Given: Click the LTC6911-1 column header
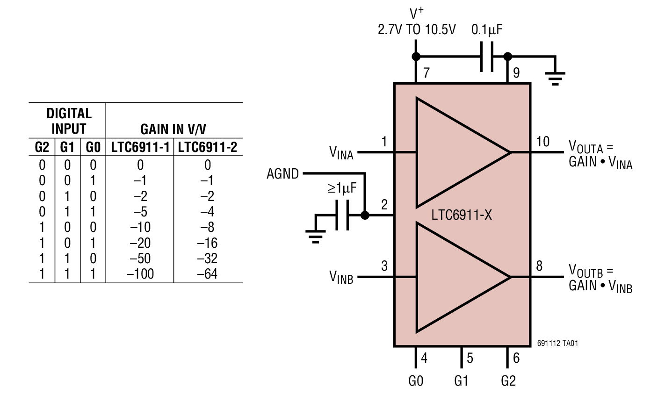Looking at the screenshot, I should [140, 148].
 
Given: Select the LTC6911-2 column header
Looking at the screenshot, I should [208, 148].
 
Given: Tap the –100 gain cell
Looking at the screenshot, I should [140, 274].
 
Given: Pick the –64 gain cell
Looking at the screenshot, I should [207, 274].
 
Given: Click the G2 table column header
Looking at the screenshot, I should [42, 148].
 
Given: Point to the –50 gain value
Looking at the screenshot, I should [140, 258].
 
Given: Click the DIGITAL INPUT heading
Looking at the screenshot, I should [69, 121].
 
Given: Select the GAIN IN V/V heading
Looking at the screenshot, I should [173, 129].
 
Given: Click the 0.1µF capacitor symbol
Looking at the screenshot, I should [487, 57].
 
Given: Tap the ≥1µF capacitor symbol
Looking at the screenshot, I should [342, 215].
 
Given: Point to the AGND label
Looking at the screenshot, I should [282, 174].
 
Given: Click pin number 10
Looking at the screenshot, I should [542, 141].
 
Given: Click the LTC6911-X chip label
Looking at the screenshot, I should [462, 215].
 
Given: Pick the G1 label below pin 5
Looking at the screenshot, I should [461, 381].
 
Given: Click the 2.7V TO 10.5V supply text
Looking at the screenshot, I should [416, 30].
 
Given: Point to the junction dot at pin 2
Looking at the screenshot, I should [365, 215].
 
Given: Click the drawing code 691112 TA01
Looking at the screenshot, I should [557, 343].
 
